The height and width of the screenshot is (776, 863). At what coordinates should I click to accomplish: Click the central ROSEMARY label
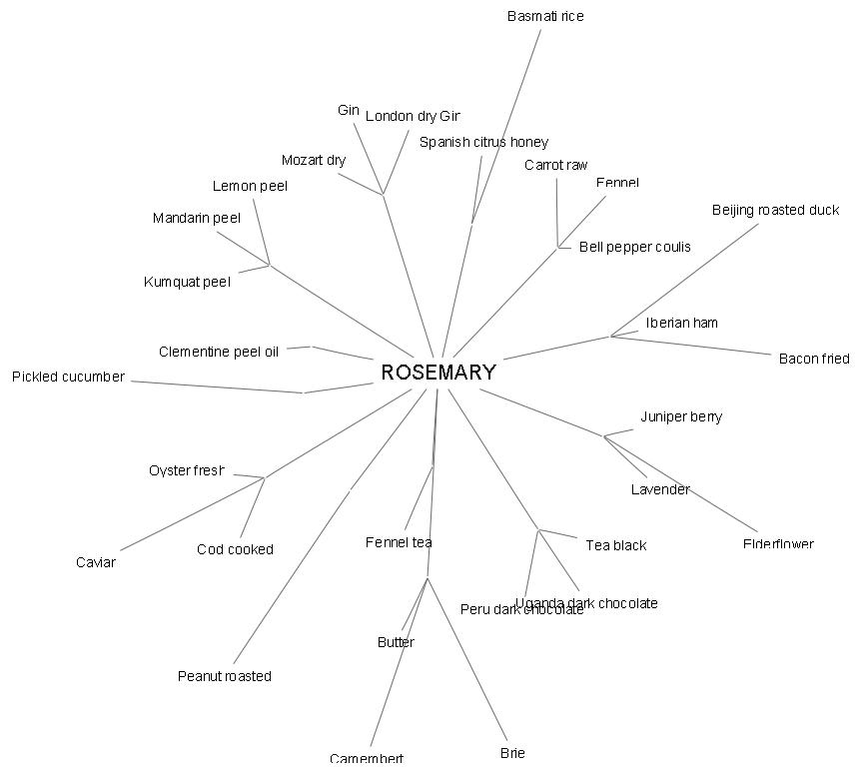(437, 373)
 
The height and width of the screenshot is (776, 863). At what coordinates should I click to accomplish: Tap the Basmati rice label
(544, 17)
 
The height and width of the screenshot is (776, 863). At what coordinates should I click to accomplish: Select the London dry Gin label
(413, 117)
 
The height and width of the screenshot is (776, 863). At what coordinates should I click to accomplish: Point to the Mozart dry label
(313, 161)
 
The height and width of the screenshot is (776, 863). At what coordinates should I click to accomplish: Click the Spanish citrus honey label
(483, 142)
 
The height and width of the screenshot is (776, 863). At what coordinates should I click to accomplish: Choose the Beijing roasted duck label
(775, 211)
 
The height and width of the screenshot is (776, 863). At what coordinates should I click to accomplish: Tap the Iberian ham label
(681, 323)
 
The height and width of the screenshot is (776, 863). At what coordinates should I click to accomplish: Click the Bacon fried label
(813, 359)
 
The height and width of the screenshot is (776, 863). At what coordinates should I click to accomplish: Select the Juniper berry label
(681, 416)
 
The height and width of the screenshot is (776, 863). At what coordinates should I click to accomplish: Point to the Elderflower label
(778, 544)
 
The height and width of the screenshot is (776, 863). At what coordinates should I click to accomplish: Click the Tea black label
(615, 545)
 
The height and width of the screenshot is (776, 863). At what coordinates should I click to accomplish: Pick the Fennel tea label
(399, 542)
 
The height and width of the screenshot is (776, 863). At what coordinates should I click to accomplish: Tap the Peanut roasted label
(224, 676)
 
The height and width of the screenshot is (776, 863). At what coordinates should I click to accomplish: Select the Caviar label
(96, 562)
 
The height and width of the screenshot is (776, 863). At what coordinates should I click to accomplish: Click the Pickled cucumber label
(68, 377)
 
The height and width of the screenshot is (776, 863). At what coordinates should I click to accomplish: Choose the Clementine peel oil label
(219, 352)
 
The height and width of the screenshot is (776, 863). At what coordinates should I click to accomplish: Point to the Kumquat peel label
(187, 282)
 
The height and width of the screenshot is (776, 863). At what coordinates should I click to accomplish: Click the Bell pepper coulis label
(634, 247)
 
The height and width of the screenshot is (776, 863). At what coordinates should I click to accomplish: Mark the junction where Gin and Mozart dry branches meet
(383, 195)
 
